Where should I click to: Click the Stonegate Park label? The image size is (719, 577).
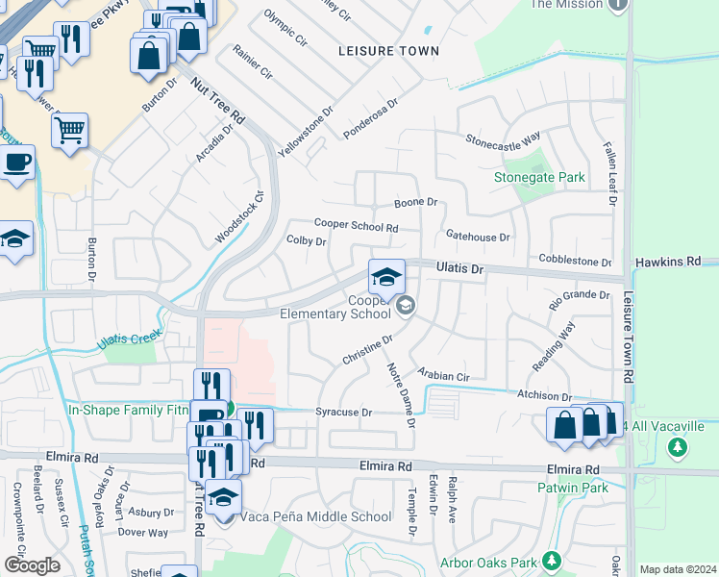coord(539,178)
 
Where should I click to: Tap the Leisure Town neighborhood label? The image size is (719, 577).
coord(388,51)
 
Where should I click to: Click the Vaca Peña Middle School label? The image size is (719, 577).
coord(318,516)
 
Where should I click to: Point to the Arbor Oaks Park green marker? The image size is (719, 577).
coord(552,560)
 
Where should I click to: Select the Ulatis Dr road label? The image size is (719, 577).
coord(459,270)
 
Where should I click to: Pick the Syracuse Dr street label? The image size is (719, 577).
coord(343,413)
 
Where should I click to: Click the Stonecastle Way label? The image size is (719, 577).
coord(503,138)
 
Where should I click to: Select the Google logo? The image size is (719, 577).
coord(32,565)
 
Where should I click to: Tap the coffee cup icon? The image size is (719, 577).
coord(16,163)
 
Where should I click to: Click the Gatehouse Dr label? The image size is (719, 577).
coord(478,236)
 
